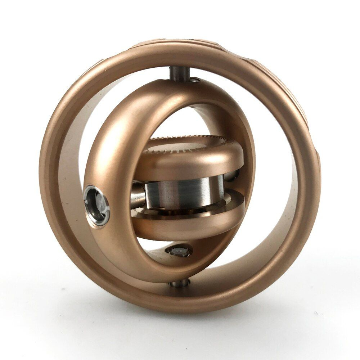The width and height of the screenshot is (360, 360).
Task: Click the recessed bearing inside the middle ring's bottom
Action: [179, 252]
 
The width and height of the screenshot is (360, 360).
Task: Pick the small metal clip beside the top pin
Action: [195, 80]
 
